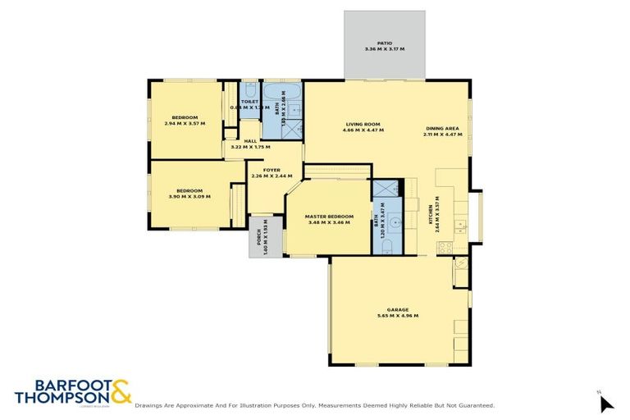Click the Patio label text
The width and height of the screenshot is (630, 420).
[385, 43]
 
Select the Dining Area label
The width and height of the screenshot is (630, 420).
[442, 129]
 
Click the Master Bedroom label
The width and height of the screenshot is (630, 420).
[328, 216]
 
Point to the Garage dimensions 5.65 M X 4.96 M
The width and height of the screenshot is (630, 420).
[398, 316]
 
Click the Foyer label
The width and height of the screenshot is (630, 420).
[272, 171]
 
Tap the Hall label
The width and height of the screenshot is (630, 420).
[250, 141]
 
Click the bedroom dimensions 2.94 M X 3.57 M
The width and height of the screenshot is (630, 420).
[185, 123]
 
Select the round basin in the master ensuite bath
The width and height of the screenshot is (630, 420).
[394, 221]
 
